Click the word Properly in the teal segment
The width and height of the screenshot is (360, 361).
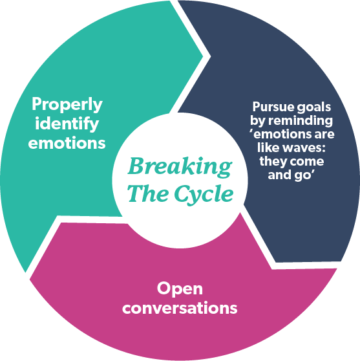[67, 104]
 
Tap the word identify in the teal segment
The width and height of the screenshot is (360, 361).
[67, 124]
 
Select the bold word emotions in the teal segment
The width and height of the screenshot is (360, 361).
[67, 142]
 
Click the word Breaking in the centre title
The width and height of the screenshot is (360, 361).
[179, 167]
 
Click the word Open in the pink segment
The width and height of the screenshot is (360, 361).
[179, 289]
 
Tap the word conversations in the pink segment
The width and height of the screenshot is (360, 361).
[179, 307]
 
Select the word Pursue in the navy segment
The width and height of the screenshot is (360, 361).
[270, 107]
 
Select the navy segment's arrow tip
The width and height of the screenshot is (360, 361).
[276, 263]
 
